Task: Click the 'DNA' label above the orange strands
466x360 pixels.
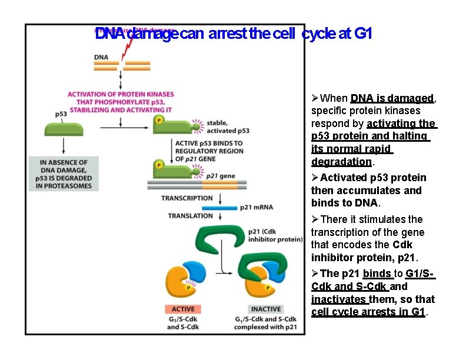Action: point(101,57)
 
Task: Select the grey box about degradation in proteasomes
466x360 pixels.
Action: point(64,174)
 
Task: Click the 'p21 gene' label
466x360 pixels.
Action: point(220,176)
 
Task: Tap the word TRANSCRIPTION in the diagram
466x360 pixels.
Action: point(187,198)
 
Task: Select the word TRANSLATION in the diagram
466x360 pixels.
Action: point(190,216)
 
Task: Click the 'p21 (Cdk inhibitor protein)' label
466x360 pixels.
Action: point(265,236)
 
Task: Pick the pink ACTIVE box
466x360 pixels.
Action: point(182,309)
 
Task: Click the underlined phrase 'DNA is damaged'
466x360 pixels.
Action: point(392,98)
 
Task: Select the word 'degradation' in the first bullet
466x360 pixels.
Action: point(341,162)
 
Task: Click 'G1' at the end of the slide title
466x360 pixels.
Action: point(364,34)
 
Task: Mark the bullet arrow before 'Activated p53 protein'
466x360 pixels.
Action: point(315,178)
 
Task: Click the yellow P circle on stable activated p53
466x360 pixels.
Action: point(159,120)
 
